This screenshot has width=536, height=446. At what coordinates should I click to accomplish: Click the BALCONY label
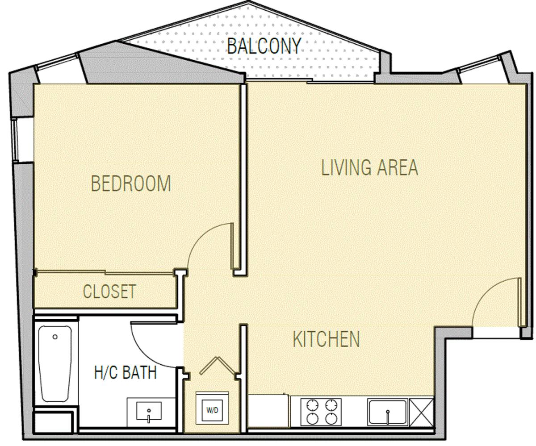coord(264,46)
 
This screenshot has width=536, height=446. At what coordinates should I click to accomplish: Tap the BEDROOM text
coord(131,183)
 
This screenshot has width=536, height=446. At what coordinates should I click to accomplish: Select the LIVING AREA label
coord(370,167)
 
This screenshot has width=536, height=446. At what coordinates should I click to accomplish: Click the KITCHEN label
coord(326,339)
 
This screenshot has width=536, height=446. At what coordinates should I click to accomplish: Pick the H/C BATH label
coord(126,373)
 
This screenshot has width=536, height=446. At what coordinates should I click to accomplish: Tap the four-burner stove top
coord(321,412)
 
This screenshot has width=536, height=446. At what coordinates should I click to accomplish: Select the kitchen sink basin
coord(388,412)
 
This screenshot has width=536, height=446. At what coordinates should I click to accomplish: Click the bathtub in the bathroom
coord(55,363)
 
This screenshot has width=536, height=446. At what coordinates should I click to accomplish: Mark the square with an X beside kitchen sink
coord(422,413)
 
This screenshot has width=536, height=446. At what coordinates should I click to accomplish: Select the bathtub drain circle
coord(55,337)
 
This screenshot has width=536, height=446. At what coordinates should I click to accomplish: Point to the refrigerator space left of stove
coord(269,411)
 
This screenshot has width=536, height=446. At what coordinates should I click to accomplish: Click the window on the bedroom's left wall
coord(15,140)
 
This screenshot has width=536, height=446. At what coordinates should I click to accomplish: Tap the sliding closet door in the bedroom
coord(105,272)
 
